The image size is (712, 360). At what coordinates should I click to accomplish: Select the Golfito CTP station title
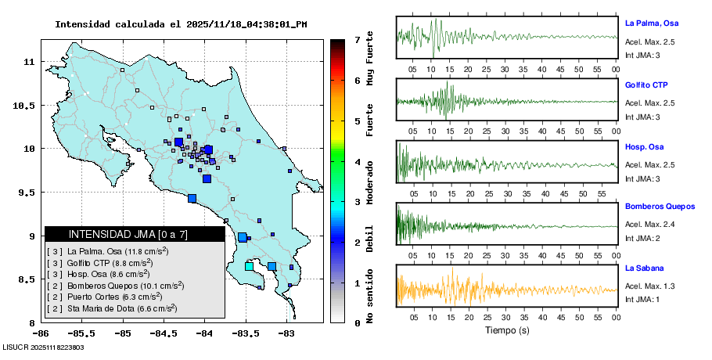pyautogui.click(x=646, y=85)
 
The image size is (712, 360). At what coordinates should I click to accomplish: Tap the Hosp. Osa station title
pyautogui.click(x=644, y=146)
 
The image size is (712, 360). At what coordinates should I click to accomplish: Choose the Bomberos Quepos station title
pyautogui.click(x=660, y=207)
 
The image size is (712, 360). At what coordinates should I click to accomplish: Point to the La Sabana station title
pyautogui.click(x=644, y=268)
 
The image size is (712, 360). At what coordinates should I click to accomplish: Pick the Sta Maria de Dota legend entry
pyautogui.click(x=120, y=308)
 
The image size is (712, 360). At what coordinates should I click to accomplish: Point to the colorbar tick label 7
pyautogui.click(x=357, y=39)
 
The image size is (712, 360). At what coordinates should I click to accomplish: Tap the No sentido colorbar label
pyautogui.click(x=370, y=297)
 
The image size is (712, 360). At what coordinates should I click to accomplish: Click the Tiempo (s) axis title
pyautogui.click(x=507, y=330)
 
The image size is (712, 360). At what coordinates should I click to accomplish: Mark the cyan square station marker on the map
pyautogui.click(x=249, y=267)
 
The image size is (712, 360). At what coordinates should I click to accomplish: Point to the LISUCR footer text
pyautogui.click(x=43, y=347)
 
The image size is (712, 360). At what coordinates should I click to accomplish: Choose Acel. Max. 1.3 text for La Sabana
pyautogui.click(x=649, y=286)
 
